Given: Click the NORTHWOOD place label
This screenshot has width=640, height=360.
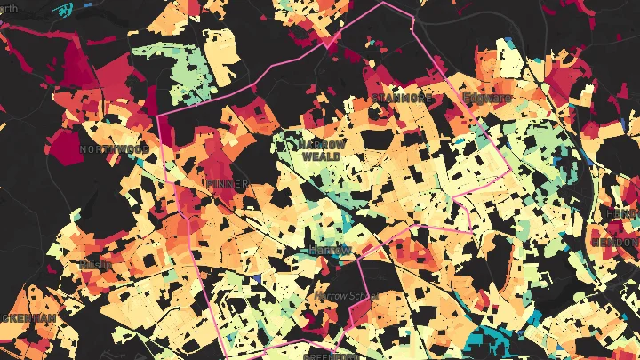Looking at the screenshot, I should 113,149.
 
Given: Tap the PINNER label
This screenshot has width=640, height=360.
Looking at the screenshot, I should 227,183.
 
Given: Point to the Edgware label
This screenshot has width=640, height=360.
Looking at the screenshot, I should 487,97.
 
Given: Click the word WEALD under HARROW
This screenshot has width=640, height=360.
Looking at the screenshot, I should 320,156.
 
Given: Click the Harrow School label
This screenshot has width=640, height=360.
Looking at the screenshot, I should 347,295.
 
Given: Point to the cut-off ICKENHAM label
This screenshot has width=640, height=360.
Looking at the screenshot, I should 27,317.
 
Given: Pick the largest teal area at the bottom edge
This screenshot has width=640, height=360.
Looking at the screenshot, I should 489,342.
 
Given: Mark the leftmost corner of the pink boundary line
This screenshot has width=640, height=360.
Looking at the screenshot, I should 157,116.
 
